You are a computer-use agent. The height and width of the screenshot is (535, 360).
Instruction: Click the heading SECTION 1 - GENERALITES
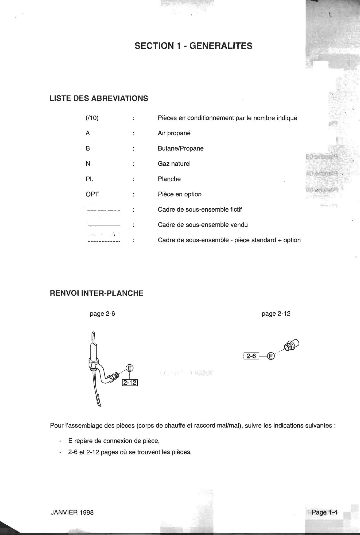pos(193,46)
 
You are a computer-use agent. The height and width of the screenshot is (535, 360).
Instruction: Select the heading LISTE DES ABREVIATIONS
pos(99,98)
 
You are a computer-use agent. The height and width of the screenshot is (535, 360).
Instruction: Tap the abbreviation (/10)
pos(92,118)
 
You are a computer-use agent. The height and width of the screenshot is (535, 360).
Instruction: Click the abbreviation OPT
pos(92,194)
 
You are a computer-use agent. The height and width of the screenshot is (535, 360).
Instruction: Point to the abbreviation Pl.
pos(89,179)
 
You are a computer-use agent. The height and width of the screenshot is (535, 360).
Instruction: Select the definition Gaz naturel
pos(174,164)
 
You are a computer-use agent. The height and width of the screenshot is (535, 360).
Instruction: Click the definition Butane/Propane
pos(180,148)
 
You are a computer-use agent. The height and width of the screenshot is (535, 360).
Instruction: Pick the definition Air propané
pos(174,133)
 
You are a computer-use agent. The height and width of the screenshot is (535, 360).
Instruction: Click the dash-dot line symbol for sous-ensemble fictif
pos(104,211)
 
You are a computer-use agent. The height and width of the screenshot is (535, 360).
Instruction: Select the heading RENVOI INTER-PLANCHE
pos(96,293)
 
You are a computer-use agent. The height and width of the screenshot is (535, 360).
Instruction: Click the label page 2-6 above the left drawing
pos(102,314)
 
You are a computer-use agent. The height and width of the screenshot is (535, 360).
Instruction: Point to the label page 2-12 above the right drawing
pos(276,314)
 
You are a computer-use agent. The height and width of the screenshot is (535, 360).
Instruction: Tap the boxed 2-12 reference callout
pos(130,383)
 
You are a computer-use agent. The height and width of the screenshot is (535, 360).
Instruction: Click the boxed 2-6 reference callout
pos(251,356)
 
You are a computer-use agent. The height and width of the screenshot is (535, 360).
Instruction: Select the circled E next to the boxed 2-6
pos(271,356)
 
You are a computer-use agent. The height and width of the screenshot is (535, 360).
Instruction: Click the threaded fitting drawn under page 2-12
pos(291,345)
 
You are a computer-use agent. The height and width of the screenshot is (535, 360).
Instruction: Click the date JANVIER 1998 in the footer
pos(72,512)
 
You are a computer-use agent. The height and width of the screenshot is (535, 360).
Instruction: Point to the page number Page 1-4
pos(324,512)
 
